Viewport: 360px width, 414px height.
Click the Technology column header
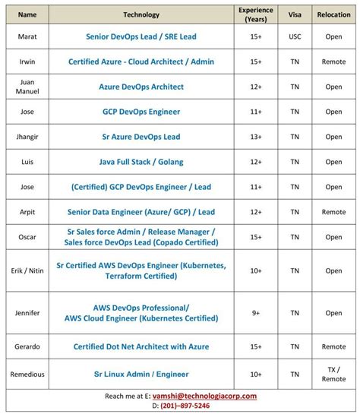coord(141,14)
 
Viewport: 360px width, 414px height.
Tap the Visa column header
coord(295,14)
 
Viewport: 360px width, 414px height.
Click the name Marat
coord(27,36)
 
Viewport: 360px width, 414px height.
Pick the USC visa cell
coord(295,36)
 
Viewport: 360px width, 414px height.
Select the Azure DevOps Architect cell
coord(141,87)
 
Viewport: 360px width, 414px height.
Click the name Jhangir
coord(27,137)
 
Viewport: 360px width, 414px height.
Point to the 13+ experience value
coord(256,137)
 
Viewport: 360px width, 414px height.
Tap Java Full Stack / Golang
coord(141,162)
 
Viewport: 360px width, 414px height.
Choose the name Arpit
coord(27,212)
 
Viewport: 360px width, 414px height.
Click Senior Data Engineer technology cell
coord(141,212)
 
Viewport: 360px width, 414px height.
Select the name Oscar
coord(27,237)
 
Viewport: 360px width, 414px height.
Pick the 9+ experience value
coord(256,312)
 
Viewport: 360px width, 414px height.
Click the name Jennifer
coord(27,312)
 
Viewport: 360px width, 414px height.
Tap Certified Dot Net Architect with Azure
coord(141,346)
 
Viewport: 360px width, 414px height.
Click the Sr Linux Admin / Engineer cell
coord(141,374)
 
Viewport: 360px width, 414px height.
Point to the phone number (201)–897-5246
coord(185,406)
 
